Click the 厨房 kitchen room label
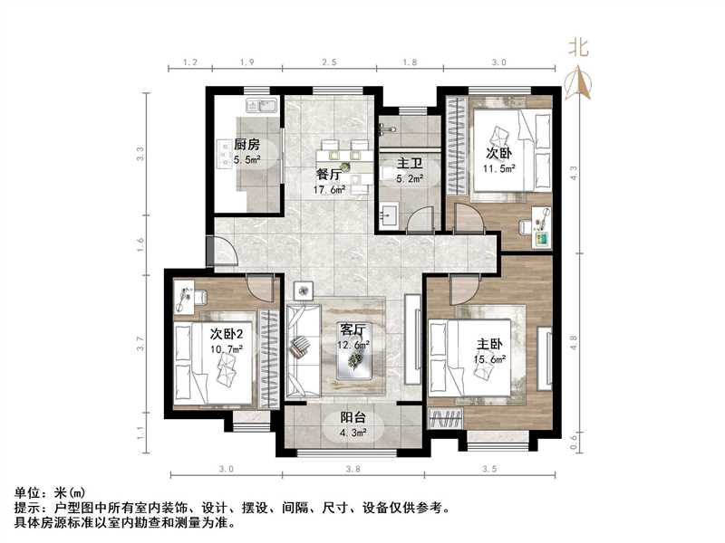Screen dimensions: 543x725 click(246, 145)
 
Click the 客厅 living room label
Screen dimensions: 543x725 click(353, 329)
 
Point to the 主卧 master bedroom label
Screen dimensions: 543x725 click(489, 344)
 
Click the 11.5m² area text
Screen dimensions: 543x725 click(499, 168)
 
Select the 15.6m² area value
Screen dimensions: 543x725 click(490, 359)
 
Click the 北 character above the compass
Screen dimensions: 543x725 click(578, 48)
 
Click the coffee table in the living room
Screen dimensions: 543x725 click(355, 360)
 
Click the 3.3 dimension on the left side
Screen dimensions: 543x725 click(140, 154)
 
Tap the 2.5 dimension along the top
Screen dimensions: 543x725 click(329, 62)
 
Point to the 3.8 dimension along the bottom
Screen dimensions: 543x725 click(353, 469)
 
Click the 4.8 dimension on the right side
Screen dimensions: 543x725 click(572, 344)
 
